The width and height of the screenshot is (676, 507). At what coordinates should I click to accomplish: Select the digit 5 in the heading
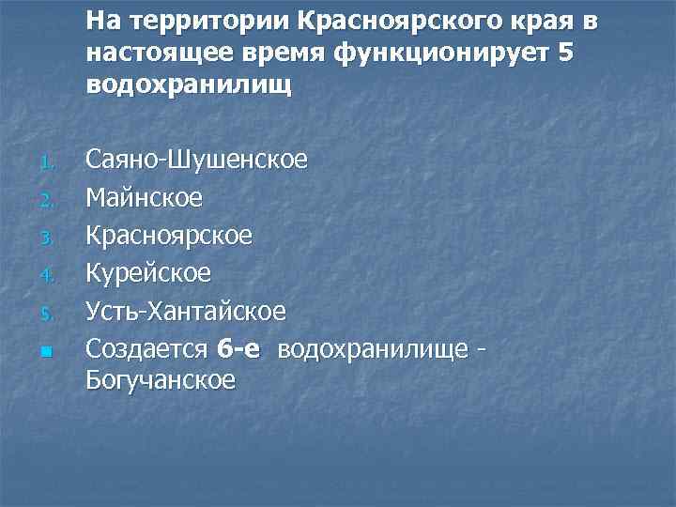(563, 54)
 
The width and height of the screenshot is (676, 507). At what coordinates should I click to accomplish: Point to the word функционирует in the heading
(441, 54)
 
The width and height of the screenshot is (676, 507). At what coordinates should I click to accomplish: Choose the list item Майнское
(144, 199)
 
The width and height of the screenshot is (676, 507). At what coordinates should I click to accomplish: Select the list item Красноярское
(169, 237)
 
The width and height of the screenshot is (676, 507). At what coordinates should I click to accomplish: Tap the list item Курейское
(148, 273)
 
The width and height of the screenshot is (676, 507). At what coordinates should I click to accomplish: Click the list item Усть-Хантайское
(186, 311)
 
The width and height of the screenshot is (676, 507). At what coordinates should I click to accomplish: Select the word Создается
(146, 348)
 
